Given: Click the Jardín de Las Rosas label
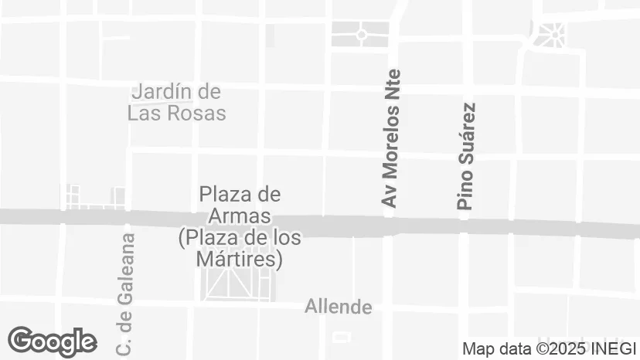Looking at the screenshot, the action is pos(177,103).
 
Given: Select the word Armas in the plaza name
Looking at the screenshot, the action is pos(239,216).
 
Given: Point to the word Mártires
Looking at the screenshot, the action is pos(239,260).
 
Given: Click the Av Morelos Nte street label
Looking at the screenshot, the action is pos(392,138).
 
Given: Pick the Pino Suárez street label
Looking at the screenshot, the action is pos(465,157).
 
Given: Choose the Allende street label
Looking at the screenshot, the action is pos(339,307).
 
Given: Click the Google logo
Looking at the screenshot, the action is pos(52,341).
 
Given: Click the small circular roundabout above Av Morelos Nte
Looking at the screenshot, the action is pos(361,34).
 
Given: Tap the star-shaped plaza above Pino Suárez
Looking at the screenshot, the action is pos(552,34).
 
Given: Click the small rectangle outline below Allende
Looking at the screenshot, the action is pos(341,337).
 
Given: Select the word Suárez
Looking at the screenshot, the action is pos(465,132).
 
